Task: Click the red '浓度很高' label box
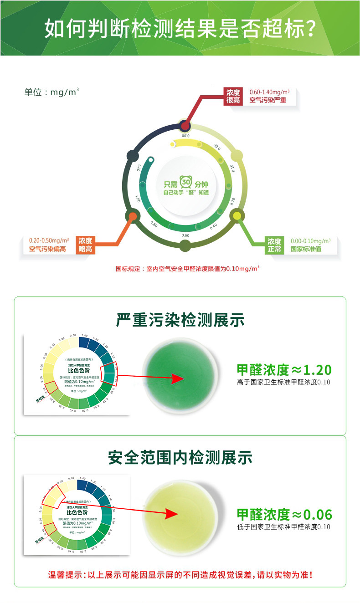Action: click(x=233, y=96)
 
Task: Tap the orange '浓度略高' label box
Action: click(x=85, y=245)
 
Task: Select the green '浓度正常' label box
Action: click(x=274, y=245)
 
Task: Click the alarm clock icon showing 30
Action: click(x=185, y=183)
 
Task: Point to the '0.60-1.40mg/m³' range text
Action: click(x=269, y=92)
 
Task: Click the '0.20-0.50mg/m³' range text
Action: click(x=49, y=240)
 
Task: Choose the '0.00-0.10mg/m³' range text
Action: click(x=310, y=240)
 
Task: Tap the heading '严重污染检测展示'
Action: click(x=180, y=320)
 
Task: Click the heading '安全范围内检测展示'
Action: click(x=180, y=457)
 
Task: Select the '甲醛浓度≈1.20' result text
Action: click(x=284, y=369)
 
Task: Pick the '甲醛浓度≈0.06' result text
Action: click(x=284, y=515)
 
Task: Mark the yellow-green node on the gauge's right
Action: click(x=237, y=215)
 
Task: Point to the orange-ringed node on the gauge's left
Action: click(x=133, y=215)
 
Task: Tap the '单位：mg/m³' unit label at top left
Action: click(x=51, y=92)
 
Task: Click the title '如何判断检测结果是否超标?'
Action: click(x=180, y=28)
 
